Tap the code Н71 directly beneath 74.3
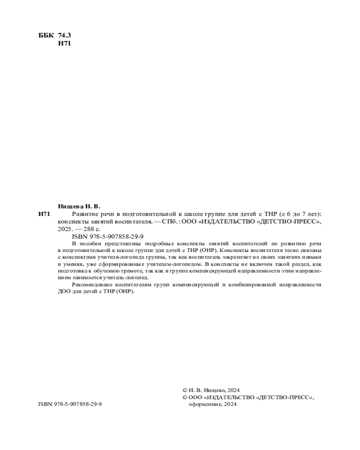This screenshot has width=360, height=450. (65, 44)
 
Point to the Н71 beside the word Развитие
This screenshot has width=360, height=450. (44, 214)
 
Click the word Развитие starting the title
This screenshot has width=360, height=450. (85, 214)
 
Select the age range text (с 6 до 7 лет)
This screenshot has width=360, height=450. (301, 214)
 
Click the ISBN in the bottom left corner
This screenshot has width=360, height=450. (70, 404)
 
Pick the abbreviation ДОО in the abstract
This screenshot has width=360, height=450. (64, 291)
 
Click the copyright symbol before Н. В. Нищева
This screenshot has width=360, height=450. (184, 391)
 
